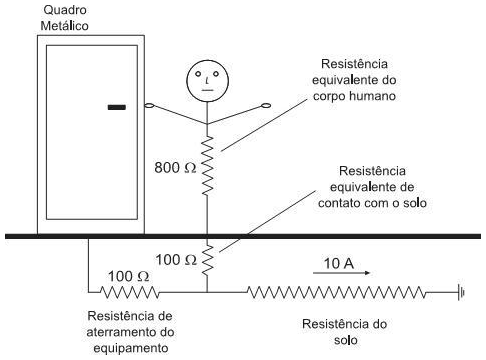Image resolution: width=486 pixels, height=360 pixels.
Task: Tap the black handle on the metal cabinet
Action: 117,104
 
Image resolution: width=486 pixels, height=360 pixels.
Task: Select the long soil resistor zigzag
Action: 336,292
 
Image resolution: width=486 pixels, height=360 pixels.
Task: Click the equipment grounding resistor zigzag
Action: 127,292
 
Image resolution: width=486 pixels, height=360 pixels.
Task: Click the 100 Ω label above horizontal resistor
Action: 129,274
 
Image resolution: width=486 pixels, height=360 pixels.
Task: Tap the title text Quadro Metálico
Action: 65,16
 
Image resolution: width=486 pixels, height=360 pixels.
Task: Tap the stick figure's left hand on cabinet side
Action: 149,104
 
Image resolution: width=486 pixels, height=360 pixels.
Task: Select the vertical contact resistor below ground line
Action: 208,258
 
